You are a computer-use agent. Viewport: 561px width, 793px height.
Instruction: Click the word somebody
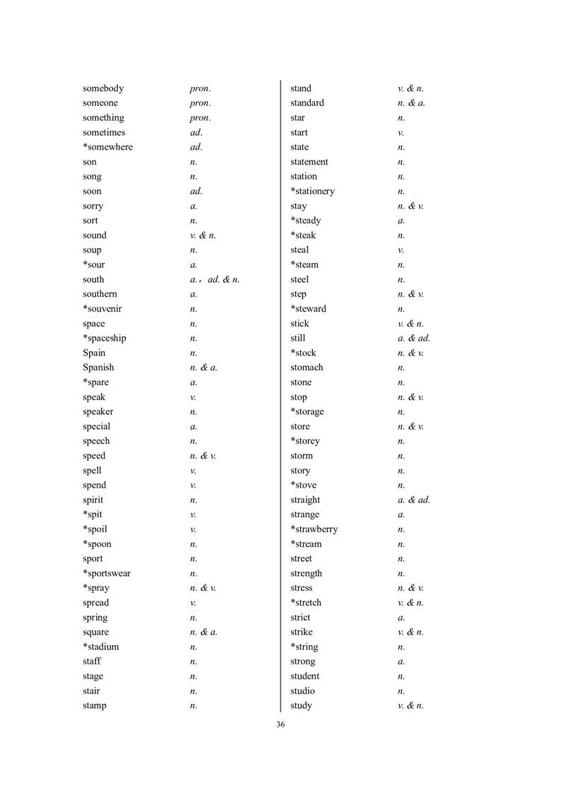click(103, 88)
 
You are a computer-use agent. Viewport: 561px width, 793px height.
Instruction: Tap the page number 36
click(280, 724)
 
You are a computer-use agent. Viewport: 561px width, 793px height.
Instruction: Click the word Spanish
click(98, 368)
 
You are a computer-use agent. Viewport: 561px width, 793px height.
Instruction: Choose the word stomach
click(307, 368)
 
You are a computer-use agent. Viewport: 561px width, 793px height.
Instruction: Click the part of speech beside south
click(215, 280)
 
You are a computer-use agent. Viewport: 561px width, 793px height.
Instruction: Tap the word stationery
click(314, 192)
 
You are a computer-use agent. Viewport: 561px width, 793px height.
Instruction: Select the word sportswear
click(109, 573)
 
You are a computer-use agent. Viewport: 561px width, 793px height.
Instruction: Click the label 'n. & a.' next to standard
click(411, 103)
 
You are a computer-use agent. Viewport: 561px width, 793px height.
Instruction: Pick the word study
click(301, 705)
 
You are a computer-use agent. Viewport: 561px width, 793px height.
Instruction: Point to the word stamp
click(95, 705)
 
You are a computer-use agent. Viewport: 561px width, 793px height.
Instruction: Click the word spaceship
click(107, 338)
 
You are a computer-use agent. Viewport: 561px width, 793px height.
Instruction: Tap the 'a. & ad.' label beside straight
click(414, 500)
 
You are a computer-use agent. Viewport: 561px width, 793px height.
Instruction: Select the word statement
click(309, 162)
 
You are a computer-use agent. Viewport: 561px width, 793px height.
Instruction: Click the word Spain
click(94, 353)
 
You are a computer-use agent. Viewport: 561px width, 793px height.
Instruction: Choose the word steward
click(310, 309)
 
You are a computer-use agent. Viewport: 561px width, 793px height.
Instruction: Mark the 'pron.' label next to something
click(200, 118)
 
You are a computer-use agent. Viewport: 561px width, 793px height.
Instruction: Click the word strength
click(306, 573)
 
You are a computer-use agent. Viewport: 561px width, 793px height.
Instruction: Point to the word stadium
click(102, 647)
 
